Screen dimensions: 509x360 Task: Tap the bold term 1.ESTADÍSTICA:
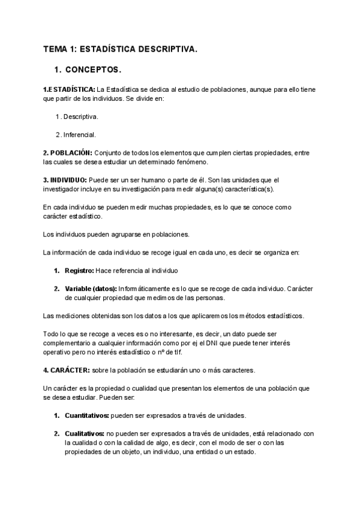(x=69, y=89)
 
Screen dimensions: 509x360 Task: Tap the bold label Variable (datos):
(x=92, y=289)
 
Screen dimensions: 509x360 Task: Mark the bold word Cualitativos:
(x=85, y=433)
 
